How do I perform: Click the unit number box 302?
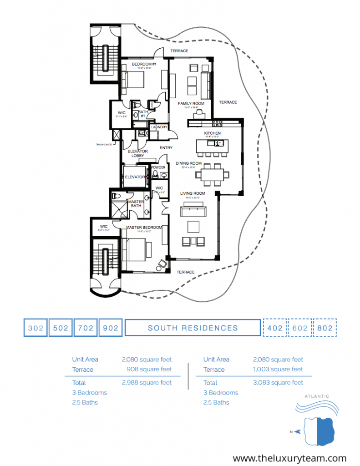[35, 328]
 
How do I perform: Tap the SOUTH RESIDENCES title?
[193, 328]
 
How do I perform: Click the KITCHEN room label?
[212, 133]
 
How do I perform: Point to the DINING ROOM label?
[188, 163]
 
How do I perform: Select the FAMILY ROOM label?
[191, 103]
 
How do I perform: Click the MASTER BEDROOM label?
[144, 227]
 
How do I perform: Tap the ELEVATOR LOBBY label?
[137, 153]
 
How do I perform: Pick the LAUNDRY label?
[159, 127]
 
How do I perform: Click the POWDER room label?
[158, 167]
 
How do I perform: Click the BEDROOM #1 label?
[144, 64]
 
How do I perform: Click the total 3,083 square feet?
[278, 383]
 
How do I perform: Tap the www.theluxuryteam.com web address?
[290, 458]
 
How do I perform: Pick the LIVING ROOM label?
[193, 193]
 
